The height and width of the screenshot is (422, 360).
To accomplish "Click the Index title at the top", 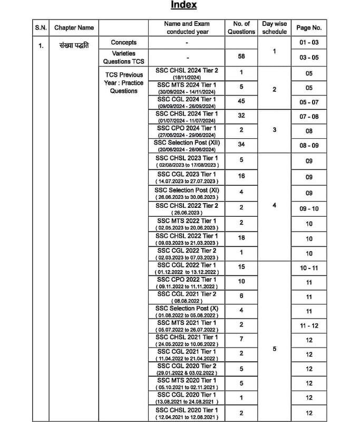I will tap(183, 5).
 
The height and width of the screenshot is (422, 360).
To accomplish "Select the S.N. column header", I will tap(41, 27).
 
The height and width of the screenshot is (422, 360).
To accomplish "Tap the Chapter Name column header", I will tap(74, 27).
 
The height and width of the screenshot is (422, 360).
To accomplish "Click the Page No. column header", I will tap(308, 27).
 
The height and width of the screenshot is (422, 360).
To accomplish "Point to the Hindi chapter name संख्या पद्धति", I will tap(74, 45).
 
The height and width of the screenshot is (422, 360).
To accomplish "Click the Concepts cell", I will tap(123, 42).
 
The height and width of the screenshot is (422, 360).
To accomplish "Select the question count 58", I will tap(241, 56).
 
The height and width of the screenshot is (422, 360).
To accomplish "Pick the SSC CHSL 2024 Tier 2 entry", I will tap(187, 73).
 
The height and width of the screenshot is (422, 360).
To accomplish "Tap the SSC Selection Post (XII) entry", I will tap(187, 146).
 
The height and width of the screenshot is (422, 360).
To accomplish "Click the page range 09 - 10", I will tap(308, 209).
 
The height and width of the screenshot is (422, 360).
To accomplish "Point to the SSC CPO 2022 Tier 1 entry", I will tap(187, 282).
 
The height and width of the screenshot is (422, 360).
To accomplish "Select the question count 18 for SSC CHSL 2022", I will tap(241, 238).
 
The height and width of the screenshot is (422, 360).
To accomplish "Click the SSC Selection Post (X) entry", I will tap(187, 311).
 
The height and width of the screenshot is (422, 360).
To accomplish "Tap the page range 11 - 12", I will tap(308, 326).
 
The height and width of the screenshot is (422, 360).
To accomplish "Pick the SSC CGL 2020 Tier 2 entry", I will tap(187, 369).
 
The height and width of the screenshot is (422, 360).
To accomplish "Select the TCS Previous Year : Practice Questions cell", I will tap(123, 83).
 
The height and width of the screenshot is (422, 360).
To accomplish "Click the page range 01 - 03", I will tap(308, 42).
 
